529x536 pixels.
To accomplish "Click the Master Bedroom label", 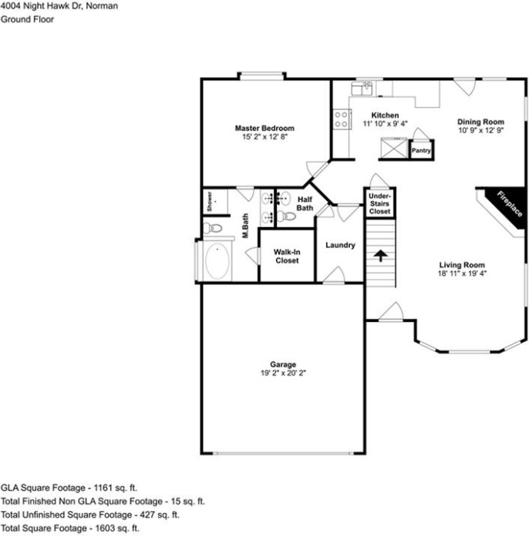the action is click(x=264, y=128).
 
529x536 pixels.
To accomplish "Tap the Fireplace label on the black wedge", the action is click(x=510, y=204).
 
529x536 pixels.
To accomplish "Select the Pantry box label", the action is click(x=421, y=150).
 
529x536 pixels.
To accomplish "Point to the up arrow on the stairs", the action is click(x=380, y=256).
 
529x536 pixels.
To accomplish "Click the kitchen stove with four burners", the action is click(x=342, y=119).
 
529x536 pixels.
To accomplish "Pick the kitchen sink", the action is click(x=362, y=89).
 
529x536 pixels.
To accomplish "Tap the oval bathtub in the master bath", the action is click(x=217, y=261).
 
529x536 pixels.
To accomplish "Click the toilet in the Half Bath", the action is click(x=286, y=216).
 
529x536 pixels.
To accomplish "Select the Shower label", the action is click(x=210, y=202).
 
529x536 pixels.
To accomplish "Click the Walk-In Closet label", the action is click(x=287, y=256).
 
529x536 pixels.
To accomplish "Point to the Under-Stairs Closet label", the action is click(x=379, y=204).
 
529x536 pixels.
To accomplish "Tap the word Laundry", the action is click(x=340, y=245).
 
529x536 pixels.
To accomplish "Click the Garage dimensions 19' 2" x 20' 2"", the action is click(x=283, y=373).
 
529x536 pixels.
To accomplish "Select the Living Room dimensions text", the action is click(x=462, y=273).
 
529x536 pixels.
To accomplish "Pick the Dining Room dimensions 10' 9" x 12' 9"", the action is click(x=480, y=130).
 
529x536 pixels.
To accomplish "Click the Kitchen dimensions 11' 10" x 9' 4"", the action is click(x=385, y=124).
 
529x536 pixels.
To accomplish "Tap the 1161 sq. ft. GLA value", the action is click(x=115, y=487).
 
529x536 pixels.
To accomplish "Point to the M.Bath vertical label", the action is click(x=245, y=226).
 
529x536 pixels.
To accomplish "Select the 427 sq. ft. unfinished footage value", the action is click(x=159, y=514).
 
